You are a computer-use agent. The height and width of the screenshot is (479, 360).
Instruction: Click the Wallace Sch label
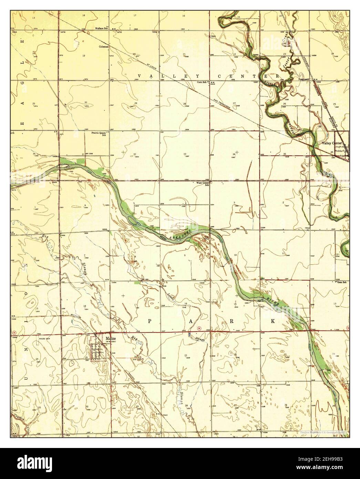102,28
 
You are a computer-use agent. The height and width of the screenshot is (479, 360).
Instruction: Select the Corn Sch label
202,82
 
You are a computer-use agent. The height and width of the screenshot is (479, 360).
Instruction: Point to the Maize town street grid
97,351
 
